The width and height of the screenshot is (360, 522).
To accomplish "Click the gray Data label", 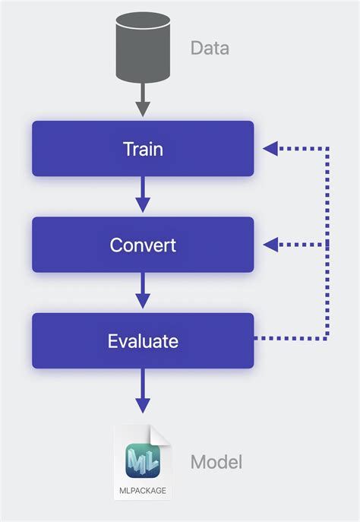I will pos(210,49).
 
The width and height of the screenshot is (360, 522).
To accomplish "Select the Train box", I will pos(143,148).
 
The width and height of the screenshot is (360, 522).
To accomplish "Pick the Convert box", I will pos(143,245).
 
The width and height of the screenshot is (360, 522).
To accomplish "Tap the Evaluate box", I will pos(143,340).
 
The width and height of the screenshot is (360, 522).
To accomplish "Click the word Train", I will pos(143,149).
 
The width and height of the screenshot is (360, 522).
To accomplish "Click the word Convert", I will pos(143,245).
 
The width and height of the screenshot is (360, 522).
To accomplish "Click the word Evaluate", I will pos(143,341).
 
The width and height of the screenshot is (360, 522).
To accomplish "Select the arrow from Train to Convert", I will pos(143,195).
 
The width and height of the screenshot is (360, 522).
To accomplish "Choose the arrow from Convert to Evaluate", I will pos(143,292).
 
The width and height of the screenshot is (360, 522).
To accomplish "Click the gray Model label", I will pos(216,461).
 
